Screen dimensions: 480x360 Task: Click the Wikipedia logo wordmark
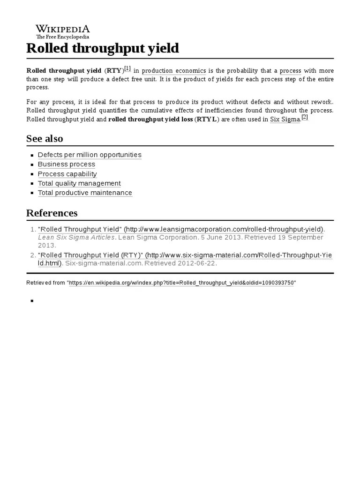pyautogui.click(x=63, y=29)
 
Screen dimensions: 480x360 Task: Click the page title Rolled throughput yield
pyautogui.click(x=103, y=48)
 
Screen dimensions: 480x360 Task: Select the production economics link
pyautogui.click(x=174, y=71)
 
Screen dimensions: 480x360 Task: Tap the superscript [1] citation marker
pyautogui.click(x=127, y=69)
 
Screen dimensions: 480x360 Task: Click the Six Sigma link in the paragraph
pyautogui.click(x=285, y=119)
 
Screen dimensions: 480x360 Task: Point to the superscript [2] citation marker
pyautogui.click(x=305, y=117)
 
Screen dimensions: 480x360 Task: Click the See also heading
pyautogui.click(x=45, y=139)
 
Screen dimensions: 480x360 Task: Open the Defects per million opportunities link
pyautogui.click(x=90, y=155)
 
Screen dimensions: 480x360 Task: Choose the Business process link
pyautogui.click(x=67, y=164)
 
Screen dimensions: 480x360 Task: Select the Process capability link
pyautogui.click(x=67, y=174)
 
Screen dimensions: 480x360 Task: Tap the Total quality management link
pyautogui.click(x=79, y=183)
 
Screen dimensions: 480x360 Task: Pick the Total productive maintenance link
pyautogui.click(x=85, y=193)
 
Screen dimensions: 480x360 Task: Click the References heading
pyautogui.click(x=52, y=213)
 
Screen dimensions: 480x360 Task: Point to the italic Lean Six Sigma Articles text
pyautogui.click(x=76, y=237)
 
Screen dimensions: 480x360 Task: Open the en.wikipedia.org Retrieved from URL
pyautogui.click(x=182, y=283)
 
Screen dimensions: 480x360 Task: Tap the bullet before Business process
pyautogui.click(x=32, y=165)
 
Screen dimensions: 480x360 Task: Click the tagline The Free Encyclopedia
pyautogui.click(x=63, y=37)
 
